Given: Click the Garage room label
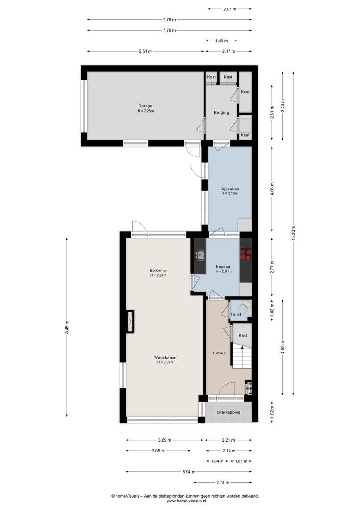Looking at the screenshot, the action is coord(145,106).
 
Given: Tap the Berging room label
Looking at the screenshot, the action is coord(221,113).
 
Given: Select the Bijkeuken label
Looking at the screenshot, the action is coord(229,189).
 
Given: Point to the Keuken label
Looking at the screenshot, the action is coord(223,267).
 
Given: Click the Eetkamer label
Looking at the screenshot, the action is coord(158,271).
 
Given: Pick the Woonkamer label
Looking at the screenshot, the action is coord(165,358).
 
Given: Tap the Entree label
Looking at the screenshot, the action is coord(219,353).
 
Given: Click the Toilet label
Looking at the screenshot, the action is coord(236,314).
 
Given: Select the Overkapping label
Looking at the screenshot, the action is coord(229,412).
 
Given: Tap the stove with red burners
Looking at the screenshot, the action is coord(246,254).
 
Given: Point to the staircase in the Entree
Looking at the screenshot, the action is coord(242,356).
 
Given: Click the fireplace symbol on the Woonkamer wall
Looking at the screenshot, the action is coord(130,321).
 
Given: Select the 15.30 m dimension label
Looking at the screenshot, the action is coord(293,233).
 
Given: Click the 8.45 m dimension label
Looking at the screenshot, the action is coord(67,327).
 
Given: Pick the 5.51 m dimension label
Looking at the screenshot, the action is coord(145,51).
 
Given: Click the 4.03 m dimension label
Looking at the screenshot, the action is coord(272,189).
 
